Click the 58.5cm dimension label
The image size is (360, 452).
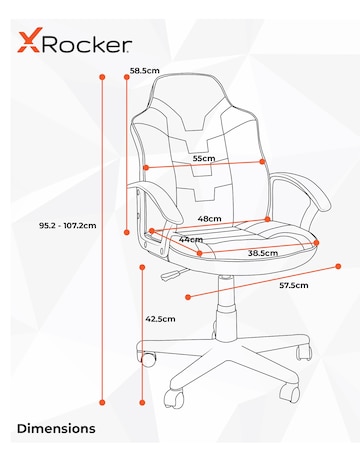pos(145,71)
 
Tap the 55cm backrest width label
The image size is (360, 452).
pos(204,158)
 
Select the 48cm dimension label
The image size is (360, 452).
pos(208,218)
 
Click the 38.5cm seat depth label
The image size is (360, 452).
pos(262,253)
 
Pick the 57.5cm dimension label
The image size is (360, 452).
pos(293,286)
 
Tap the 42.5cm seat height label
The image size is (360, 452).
pos(161,319)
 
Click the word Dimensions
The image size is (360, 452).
pos(56,428)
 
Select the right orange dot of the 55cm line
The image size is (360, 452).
pos(263,161)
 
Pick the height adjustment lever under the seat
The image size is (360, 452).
pos(170,270)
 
